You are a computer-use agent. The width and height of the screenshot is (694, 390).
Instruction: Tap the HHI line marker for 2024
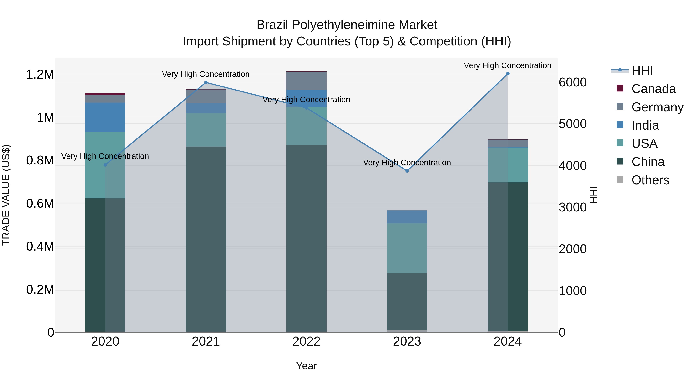point(508,74)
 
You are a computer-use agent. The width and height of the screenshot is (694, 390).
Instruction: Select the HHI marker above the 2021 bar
point(206,83)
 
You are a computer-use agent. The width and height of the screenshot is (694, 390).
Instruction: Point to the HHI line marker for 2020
point(105,165)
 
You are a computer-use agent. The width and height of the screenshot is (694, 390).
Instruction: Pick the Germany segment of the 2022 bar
point(306,81)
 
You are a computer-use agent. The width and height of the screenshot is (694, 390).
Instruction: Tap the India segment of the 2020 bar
point(105,117)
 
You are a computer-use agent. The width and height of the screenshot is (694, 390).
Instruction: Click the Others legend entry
point(650,180)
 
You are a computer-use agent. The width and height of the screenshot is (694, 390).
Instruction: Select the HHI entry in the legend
point(642,70)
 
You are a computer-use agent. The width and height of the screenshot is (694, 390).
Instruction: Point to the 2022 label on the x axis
point(306,341)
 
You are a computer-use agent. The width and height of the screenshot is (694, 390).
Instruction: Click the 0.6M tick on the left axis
point(40,204)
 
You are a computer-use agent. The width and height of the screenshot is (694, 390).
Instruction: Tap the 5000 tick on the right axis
point(573,124)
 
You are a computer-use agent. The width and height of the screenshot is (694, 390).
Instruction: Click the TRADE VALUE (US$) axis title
point(6,195)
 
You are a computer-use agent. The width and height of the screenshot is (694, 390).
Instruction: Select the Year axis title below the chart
point(306,366)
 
